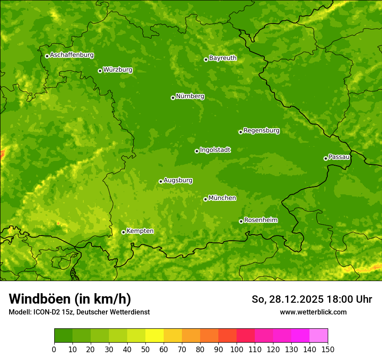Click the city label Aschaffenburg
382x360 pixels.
pyautogui.click(x=72, y=55)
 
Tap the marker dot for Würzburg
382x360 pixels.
pyautogui.click(x=100, y=71)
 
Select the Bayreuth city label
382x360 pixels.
pyautogui.click(x=223, y=58)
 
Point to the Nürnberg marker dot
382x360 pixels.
pyautogui.click(x=173, y=98)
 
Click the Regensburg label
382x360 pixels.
pyautogui.click(x=261, y=131)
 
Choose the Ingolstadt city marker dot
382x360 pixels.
pyautogui.click(x=197, y=151)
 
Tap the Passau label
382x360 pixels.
pyautogui.click(x=339, y=157)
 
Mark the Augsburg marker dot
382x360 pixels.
pyautogui.click(x=161, y=181)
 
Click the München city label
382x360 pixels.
pyautogui.click(x=222, y=198)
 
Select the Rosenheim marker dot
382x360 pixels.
pyautogui.click(x=241, y=221)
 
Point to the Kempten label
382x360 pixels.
pyautogui.click(x=140, y=231)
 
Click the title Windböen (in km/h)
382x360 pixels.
pyautogui.click(x=70, y=299)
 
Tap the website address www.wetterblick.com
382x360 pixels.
pyautogui.click(x=313, y=312)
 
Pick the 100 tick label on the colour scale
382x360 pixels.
pyautogui.click(x=236, y=349)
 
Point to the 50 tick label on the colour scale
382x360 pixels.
pyautogui.click(x=145, y=349)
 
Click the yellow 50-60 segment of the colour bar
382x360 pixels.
pyautogui.click(x=155, y=335)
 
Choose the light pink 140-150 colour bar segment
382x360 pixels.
pyautogui.click(x=319, y=335)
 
